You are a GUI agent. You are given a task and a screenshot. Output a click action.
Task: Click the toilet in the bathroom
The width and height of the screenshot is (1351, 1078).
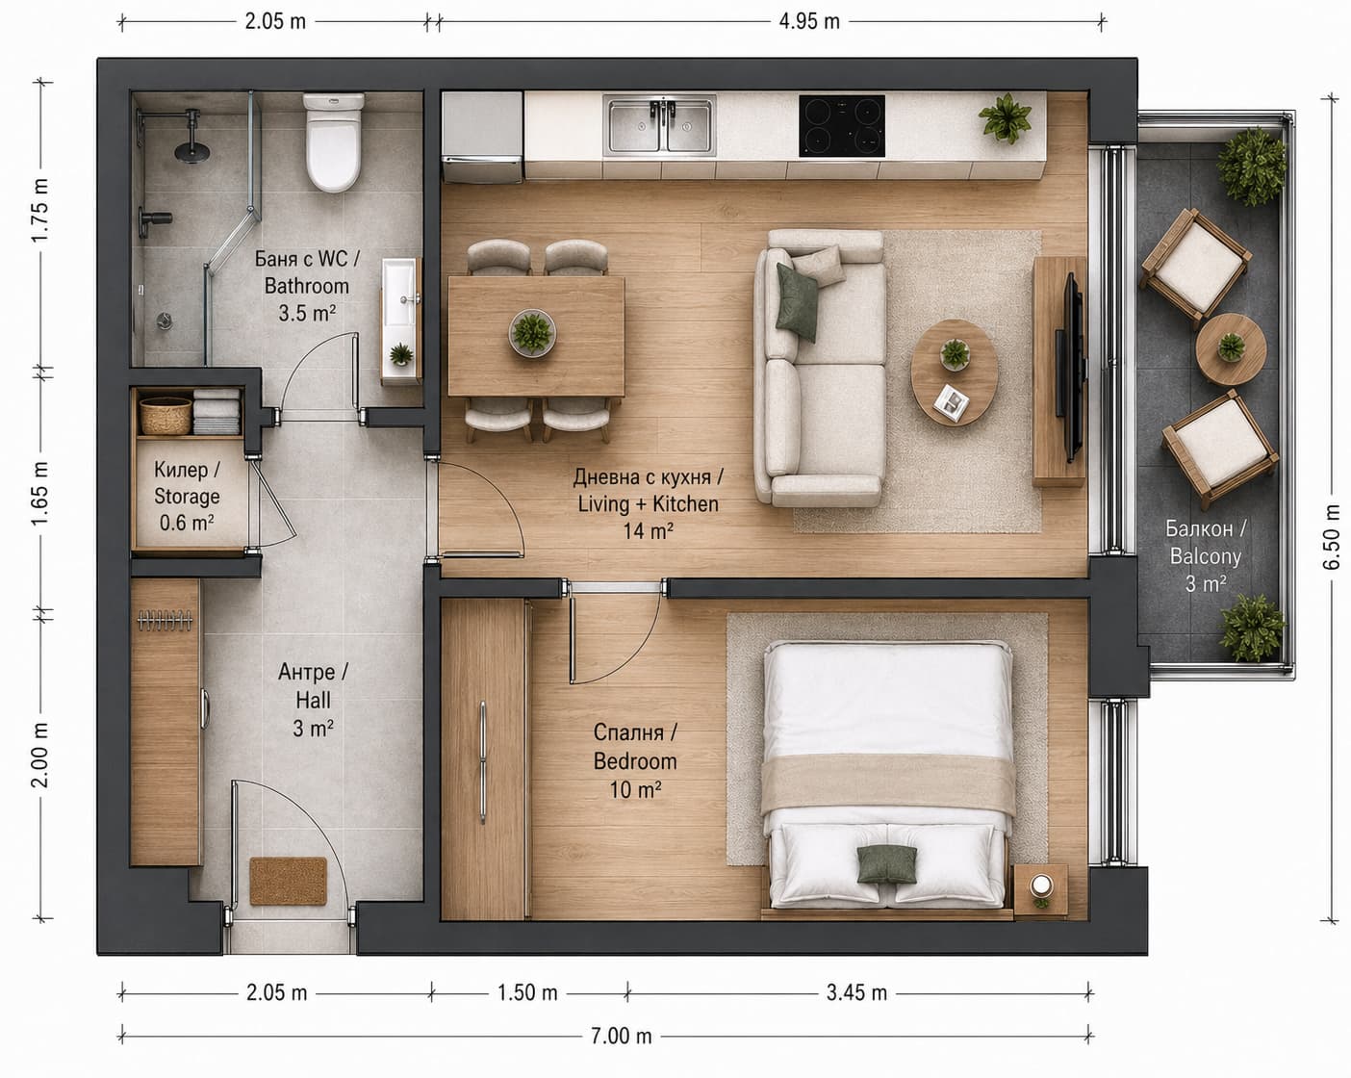(x=333, y=142)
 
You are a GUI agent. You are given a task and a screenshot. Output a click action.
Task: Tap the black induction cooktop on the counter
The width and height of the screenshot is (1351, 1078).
(x=842, y=126)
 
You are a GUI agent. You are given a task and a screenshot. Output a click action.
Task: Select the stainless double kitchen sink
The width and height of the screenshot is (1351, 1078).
(x=659, y=126)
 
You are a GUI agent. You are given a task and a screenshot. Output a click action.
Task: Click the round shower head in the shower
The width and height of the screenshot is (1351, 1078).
(x=192, y=151)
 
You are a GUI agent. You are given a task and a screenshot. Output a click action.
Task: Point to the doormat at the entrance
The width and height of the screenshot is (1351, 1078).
(x=288, y=881)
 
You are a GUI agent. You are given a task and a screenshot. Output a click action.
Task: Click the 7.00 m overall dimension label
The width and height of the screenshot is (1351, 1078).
(x=621, y=1036)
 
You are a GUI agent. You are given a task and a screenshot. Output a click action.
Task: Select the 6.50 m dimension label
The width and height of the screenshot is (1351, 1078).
(x=1331, y=538)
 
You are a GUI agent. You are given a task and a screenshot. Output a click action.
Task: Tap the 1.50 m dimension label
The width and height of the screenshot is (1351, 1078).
(x=527, y=992)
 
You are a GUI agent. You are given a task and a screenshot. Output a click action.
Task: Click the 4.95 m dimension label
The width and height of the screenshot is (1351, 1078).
(x=809, y=21)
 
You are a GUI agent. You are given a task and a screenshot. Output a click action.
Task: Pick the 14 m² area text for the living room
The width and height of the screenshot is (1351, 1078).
(x=648, y=531)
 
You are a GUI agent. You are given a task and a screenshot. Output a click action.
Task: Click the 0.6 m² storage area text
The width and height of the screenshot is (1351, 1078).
(x=187, y=522)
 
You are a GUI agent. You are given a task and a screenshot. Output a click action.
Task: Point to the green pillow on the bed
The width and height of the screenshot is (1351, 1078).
(x=886, y=863)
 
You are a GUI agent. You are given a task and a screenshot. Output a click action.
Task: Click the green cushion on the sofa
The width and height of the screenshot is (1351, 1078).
(x=798, y=303)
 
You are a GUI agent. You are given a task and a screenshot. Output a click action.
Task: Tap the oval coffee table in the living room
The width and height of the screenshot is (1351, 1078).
(x=955, y=372)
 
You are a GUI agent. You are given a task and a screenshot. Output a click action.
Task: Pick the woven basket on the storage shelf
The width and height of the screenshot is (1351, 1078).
(x=166, y=416)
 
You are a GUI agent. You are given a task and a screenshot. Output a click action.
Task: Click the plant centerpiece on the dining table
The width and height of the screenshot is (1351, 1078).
(x=532, y=333)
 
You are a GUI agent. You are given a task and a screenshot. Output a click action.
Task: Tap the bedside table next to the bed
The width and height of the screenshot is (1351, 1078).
(x=1040, y=890)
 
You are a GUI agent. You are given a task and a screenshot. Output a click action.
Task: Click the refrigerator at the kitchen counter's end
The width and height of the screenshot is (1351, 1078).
(x=482, y=137)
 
